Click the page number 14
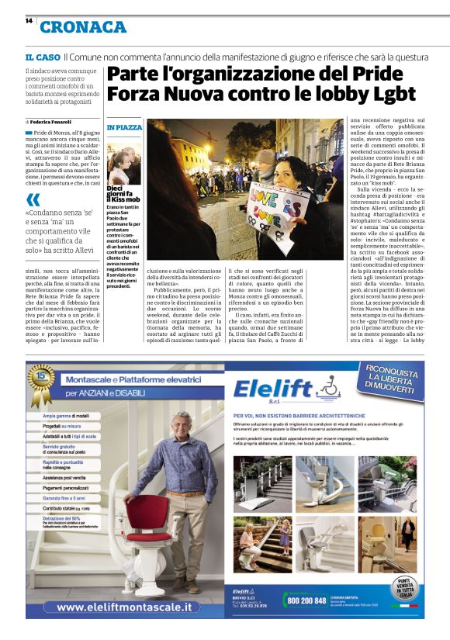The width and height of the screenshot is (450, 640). tap(28, 21)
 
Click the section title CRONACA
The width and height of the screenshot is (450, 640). tap(82, 27)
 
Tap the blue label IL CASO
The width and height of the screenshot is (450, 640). tap(42, 57)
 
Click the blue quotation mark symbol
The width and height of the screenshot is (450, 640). tap(33, 200)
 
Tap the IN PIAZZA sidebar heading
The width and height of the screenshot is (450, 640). tap(124, 127)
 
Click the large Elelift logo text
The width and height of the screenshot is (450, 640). tap(280, 389)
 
